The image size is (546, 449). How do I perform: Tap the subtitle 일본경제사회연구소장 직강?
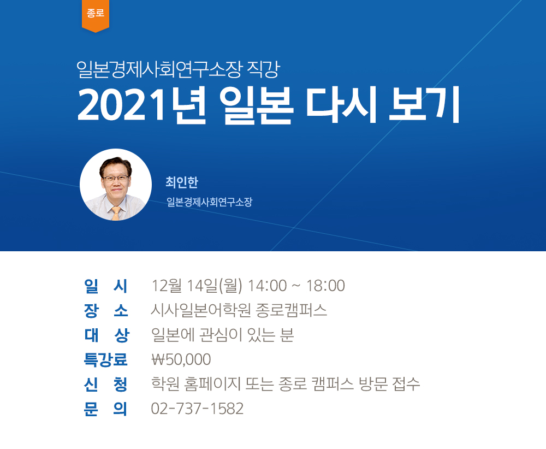[x=179, y=69]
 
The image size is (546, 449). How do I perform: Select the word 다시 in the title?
[x=342, y=105]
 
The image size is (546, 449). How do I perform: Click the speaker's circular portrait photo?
[x=116, y=185]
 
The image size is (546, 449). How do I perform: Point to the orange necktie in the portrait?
[x=116, y=213]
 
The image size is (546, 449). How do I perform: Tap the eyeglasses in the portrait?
[x=115, y=179]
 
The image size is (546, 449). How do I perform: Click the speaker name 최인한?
[x=182, y=182]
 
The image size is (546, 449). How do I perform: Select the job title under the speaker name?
[x=209, y=202]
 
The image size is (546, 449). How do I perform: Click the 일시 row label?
[x=106, y=286]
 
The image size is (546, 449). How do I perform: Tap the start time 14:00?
[x=267, y=286]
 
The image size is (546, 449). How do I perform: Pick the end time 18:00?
[x=325, y=286]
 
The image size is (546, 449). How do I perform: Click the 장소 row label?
[x=106, y=310]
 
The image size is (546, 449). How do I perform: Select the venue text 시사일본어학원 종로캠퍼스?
[x=239, y=310]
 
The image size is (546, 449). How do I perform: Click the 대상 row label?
[x=106, y=335]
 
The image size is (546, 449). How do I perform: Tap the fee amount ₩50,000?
[x=181, y=359]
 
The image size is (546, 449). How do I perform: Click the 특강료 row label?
[x=105, y=359]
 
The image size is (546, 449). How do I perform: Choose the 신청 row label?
[x=106, y=384]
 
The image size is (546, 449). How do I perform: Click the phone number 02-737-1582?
[x=197, y=409]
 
